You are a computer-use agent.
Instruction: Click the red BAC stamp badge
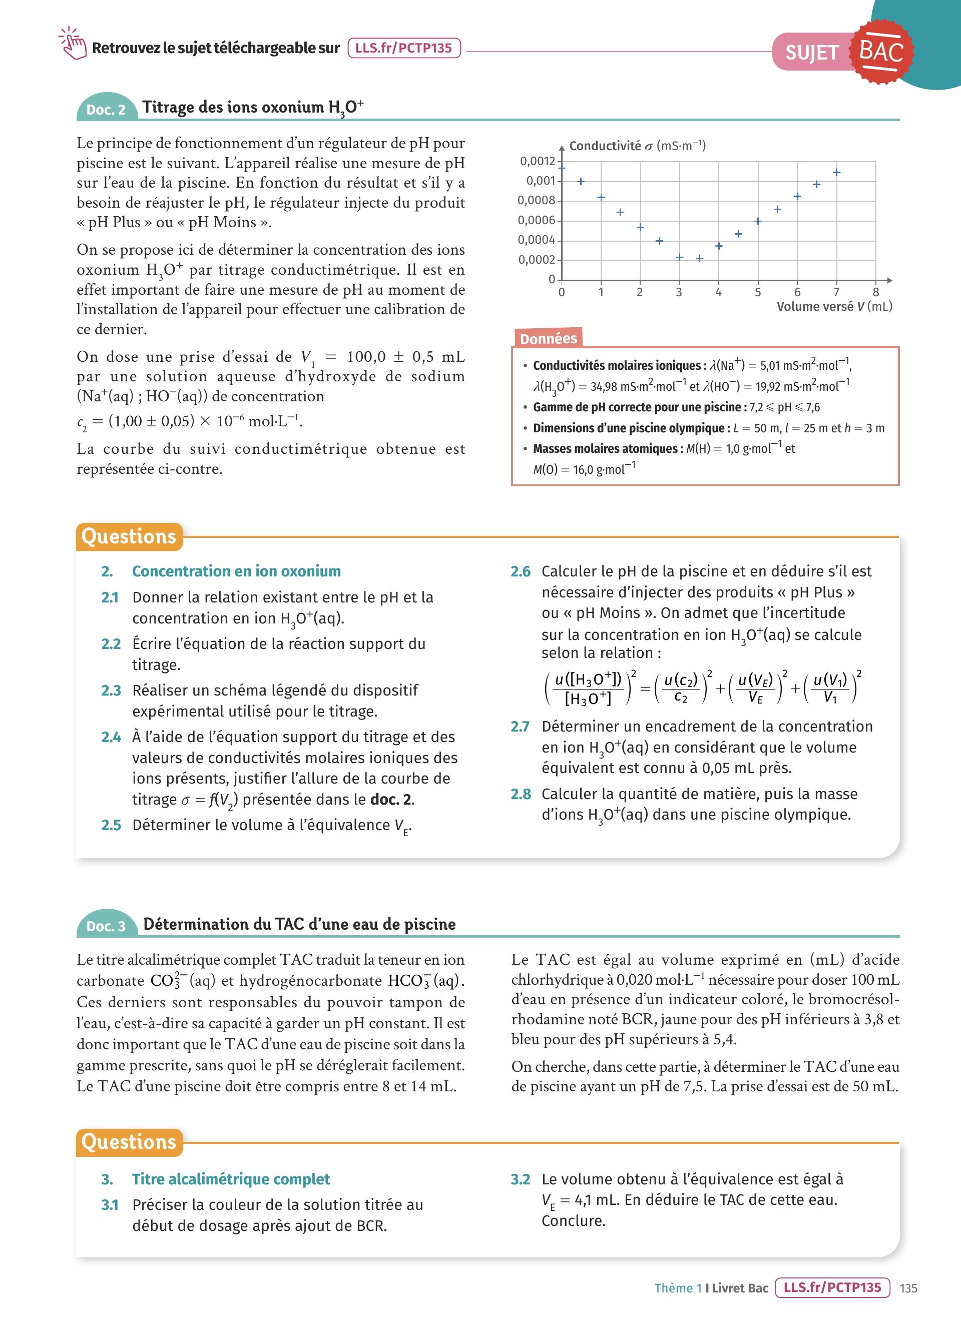click(881, 52)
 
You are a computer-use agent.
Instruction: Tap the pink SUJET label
click(811, 53)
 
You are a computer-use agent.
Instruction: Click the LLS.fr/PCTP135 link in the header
click(404, 48)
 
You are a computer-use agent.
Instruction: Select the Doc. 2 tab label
click(106, 110)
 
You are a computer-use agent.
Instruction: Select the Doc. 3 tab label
click(106, 926)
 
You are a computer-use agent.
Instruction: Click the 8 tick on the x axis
click(875, 292)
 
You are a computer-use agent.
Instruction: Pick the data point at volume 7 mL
click(837, 172)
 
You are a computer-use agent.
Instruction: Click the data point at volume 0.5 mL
click(581, 182)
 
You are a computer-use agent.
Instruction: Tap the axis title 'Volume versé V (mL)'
click(834, 306)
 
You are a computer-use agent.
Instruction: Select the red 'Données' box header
click(548, 338)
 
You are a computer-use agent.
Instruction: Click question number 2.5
click(111, 825)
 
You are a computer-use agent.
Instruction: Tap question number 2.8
click(521, 794)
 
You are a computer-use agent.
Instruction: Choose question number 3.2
click(521, 1179)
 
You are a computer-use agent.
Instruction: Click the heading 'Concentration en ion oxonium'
click(236, 571)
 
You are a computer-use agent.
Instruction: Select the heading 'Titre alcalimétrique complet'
click(231, 1179)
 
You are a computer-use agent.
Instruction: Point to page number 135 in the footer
click(908, 1288)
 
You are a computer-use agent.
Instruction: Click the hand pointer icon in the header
click(73, 44)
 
